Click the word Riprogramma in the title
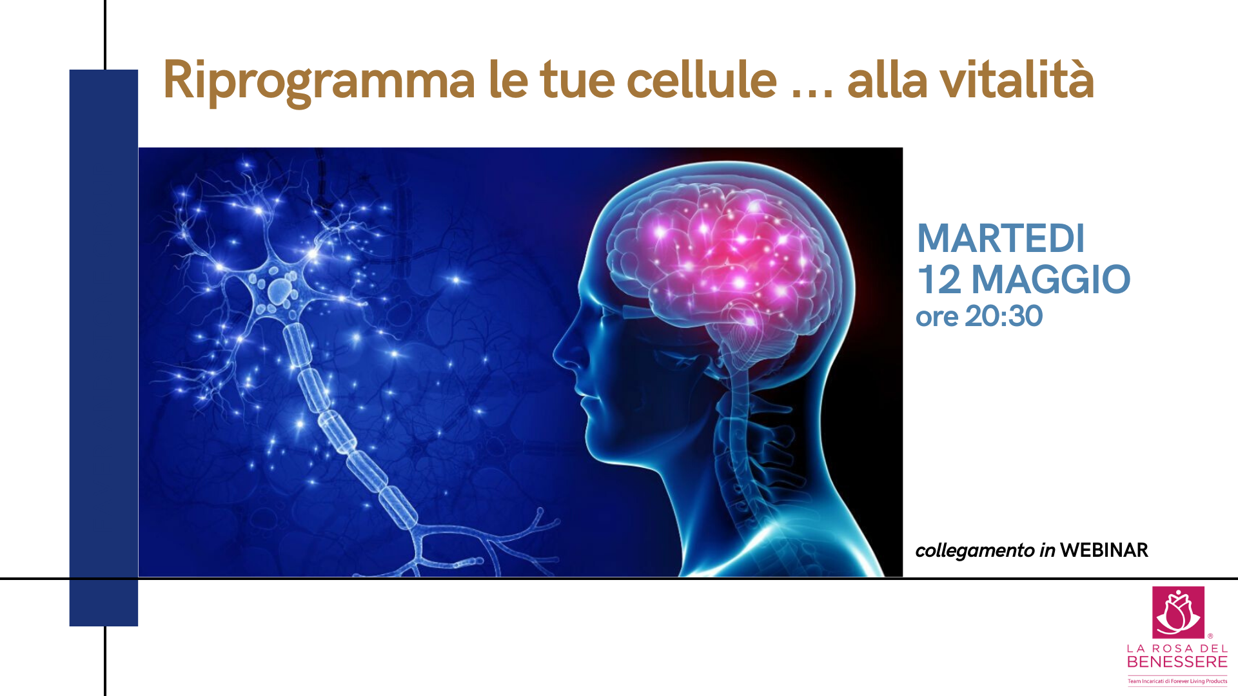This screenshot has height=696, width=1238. click(319, 82)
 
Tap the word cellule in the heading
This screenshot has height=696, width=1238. click(702, 80)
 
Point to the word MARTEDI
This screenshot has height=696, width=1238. click(1001, 238)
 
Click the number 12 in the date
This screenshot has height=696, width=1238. click(939, 279)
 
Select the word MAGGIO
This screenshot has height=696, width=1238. click(1051, 279)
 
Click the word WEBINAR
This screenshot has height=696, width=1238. click(1104, 550)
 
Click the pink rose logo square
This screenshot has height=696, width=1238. click(1178, 612)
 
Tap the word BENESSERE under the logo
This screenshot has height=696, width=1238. click(1177, 662)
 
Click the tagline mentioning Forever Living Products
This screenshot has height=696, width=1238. click(1177, 681)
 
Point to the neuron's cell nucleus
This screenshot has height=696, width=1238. click(280, 291)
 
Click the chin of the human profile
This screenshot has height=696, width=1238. click(596, 445)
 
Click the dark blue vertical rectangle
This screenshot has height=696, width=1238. click(104, 348)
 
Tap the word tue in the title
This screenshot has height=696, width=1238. click(577, 82)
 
